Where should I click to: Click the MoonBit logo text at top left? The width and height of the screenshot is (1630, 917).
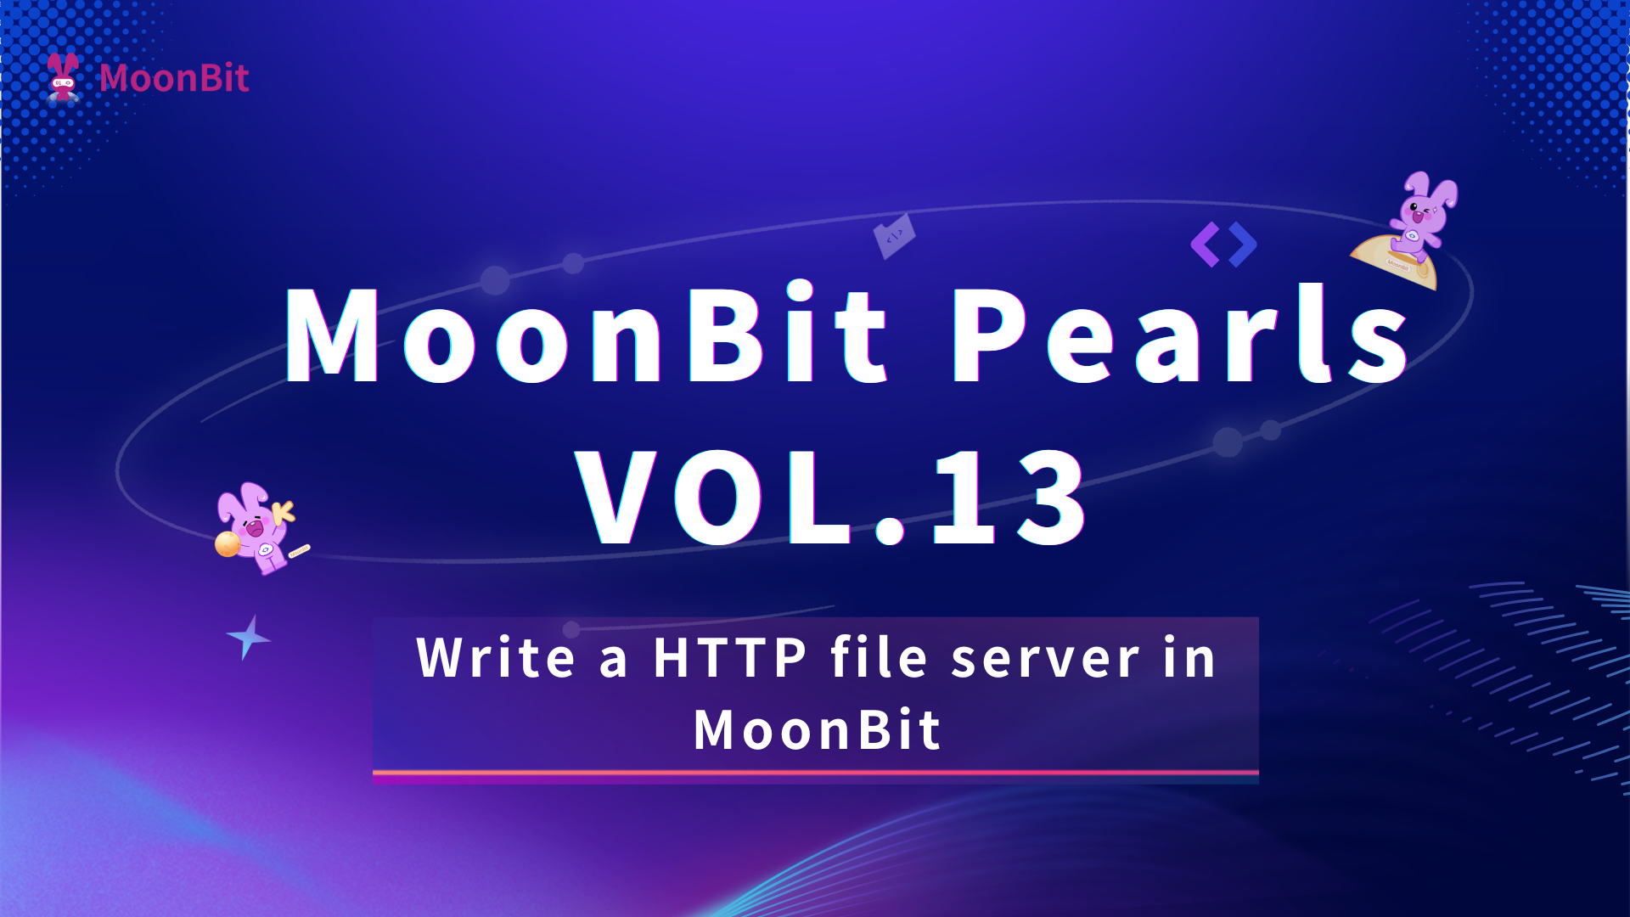tap(174, 78)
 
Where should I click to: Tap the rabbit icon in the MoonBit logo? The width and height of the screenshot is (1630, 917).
tap(63, 77)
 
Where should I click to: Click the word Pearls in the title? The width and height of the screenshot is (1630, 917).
tap(1181, 334)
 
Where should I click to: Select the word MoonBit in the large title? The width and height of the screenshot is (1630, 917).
tap(587, 334)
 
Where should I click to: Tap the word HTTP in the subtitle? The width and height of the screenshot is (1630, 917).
tap(730, 658)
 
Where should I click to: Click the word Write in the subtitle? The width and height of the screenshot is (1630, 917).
tap(496, 658)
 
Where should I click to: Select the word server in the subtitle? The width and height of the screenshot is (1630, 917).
tap(1045, 660)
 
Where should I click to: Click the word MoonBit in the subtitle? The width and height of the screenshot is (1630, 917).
tap(817, 730)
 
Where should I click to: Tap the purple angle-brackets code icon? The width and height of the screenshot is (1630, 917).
tap(1223, 245)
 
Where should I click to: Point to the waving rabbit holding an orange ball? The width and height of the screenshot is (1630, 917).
tap(259, 528)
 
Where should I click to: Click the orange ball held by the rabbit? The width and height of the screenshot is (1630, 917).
tap(228, 543)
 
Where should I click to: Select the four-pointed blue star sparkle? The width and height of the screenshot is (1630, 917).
tap(248, 638)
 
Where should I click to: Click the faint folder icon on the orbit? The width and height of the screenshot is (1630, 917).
tap(895, 236)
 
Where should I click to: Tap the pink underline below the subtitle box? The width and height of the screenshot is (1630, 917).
tap(816, 773)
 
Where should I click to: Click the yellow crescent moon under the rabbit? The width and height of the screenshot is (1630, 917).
tap(1397, 263)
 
